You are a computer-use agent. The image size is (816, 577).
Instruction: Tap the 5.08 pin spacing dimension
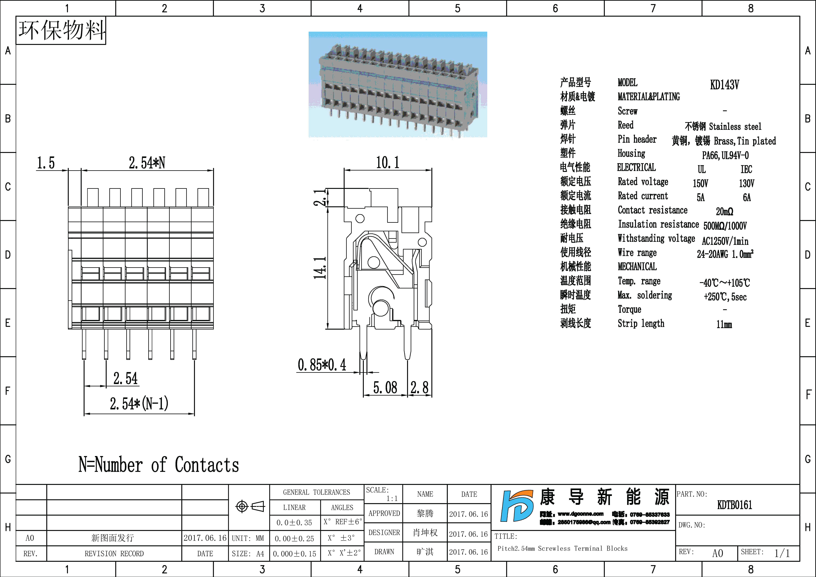pos(385,388)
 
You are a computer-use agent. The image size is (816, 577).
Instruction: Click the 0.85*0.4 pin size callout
pos(322,365)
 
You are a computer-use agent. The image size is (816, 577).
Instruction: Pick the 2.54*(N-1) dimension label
pos(139,403)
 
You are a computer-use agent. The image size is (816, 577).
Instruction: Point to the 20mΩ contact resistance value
pos(724,212)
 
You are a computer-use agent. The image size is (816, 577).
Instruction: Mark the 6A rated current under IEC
pos(747,198)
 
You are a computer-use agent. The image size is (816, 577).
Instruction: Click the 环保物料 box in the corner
pos(61,30)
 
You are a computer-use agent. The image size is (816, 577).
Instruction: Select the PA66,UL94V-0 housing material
pos(725,155)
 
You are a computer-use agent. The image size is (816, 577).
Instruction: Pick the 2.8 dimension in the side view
pos(419,388)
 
